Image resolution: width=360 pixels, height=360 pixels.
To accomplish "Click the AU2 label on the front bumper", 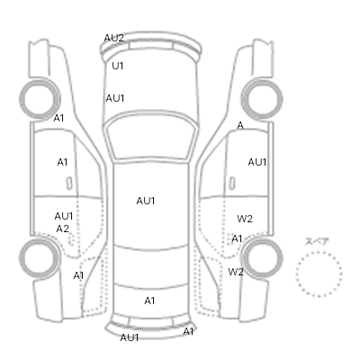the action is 113,38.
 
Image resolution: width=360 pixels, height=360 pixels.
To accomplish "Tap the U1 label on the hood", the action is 118,66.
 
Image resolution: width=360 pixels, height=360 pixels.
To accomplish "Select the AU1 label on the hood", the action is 115,98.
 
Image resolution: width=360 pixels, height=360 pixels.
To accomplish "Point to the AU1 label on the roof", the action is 146,201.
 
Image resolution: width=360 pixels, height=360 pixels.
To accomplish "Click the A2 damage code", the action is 63,229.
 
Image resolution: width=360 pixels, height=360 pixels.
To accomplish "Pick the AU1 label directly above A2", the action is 64,216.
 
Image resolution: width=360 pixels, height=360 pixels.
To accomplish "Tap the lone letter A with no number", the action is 240,126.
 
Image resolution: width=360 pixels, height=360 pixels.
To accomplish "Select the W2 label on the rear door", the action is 245,219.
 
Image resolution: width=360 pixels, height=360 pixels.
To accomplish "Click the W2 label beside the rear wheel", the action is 236,272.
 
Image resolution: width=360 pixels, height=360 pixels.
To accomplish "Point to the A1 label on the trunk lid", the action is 149,301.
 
